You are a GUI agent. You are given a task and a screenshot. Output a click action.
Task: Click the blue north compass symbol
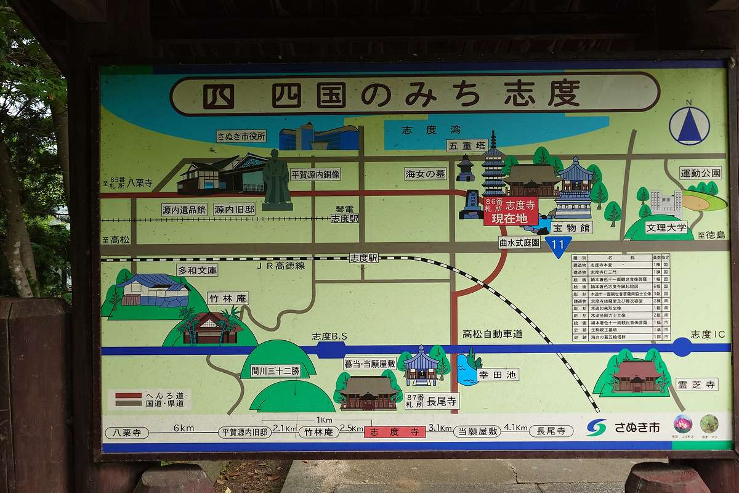[689, 126]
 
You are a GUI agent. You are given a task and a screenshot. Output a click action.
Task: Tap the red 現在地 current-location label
[511, 218]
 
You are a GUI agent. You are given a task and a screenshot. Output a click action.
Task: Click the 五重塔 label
[467, 146]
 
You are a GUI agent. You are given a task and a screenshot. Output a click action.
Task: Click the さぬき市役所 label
[241, 136]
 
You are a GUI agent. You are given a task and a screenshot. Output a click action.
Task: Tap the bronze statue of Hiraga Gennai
[276, 179]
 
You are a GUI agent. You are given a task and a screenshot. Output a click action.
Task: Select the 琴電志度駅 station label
[344, 214]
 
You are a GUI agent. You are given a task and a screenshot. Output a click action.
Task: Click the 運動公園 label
[700, 173]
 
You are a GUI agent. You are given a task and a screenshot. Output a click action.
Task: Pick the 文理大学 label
[666, 227]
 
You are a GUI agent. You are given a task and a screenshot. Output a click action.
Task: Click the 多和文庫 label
[197, 270]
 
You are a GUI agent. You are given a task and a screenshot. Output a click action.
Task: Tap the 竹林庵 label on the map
[228, 298]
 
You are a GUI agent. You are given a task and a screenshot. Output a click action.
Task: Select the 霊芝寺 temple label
[697, 384]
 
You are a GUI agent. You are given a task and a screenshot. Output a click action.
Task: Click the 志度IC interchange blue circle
[682, 347]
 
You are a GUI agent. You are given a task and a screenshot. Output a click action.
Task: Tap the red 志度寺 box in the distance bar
[394, 432]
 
